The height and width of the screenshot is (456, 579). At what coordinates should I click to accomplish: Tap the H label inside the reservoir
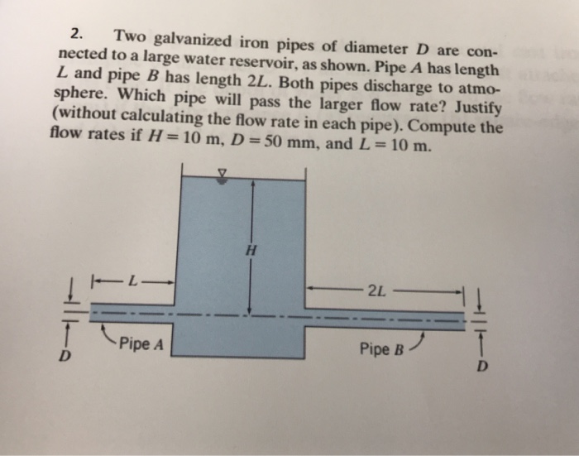tap(251, 248)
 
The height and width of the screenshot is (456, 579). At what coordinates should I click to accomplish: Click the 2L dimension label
tap(376, 290)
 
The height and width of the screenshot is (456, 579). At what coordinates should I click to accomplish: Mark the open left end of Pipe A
tap(90, 314)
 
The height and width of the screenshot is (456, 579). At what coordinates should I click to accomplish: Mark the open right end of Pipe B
tap(464, 320)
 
